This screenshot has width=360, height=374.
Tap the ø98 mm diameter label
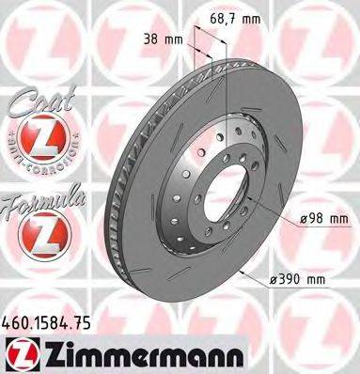pos(323,219)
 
